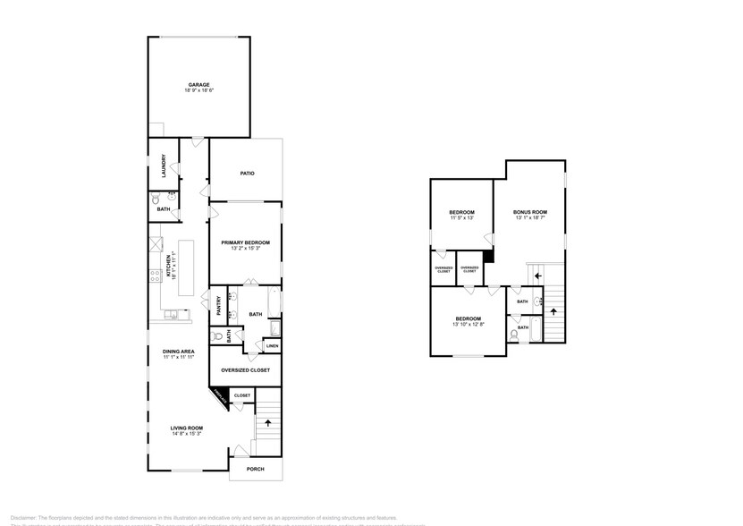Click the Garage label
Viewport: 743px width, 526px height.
click(198, 85)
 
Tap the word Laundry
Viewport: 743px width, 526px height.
click(165, 167)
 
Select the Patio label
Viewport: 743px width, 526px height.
click(248, 173)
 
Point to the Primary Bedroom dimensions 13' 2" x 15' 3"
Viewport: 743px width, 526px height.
click(245, 248)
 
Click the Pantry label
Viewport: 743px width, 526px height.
click(218, 306)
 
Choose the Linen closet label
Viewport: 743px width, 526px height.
click(272, 345)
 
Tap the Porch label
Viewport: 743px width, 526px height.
click(256, 468)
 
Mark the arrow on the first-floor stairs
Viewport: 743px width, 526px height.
click(267, 422)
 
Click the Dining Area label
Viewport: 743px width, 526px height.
click(179, 352)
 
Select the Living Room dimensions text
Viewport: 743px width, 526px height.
click(186, 435)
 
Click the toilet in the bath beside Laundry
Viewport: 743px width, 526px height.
click(157, 211)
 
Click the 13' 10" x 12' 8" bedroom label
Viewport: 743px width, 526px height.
click(469, 325)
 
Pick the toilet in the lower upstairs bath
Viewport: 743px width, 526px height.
click(515, 335)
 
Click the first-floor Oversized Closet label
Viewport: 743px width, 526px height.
click(245, 369)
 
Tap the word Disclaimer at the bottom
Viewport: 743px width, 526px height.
click(23, 517)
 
